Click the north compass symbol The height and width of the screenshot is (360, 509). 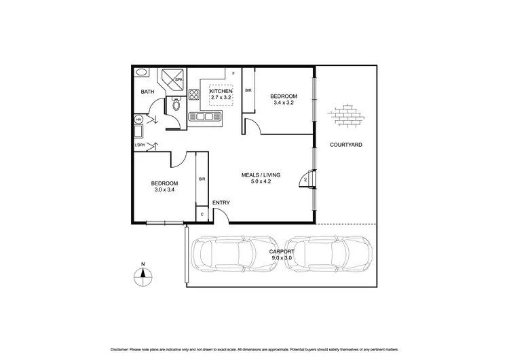click(143, 274)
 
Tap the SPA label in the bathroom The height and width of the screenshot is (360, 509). click(178, 79)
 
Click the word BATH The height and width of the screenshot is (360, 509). click(147, 92)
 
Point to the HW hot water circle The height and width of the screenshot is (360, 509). click(138, 120)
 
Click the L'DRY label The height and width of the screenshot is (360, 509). click(140, 145)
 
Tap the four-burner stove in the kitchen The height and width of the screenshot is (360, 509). click(195, 95)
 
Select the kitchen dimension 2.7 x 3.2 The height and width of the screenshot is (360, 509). click(221, 98)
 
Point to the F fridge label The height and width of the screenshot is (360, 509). click(233, 73)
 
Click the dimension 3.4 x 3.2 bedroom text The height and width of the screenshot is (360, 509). click(283, 103)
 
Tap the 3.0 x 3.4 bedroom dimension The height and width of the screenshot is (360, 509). click(164, 190)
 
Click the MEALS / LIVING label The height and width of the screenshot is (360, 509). click(261, 175)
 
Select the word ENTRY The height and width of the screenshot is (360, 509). click(221, 202)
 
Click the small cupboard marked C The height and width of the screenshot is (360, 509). click(202, 215)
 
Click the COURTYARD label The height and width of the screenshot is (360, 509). click(345, 145)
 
